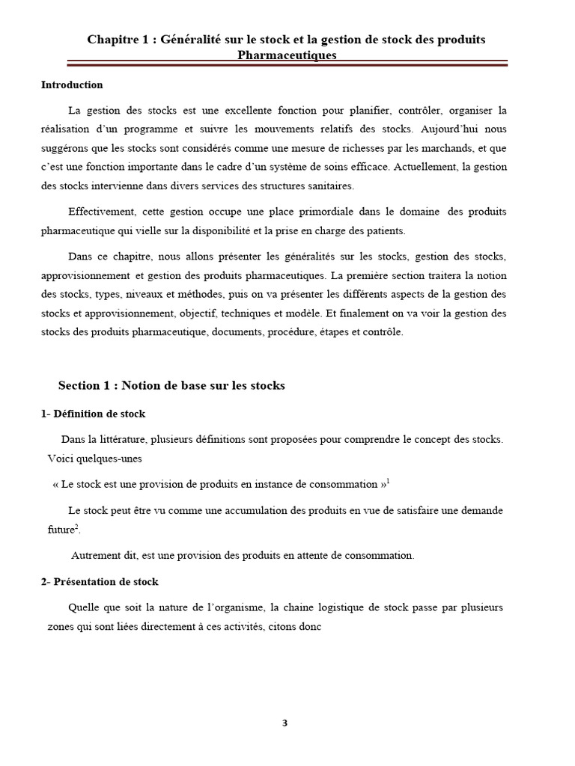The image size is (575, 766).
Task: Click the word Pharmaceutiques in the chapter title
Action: (x=287, y=55)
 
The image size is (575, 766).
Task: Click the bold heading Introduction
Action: (x=72, y=85)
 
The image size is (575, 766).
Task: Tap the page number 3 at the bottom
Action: (x=285, y=723)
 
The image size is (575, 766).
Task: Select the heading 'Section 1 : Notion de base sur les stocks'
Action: (x=171, y=386)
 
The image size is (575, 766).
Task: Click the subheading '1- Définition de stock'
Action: (x=93, y=414)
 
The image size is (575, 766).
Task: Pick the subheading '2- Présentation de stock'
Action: (x=100, y=581)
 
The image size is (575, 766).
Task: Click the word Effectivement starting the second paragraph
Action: (x=101, y=213)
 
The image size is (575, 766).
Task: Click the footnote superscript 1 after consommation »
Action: (x=389, y=480)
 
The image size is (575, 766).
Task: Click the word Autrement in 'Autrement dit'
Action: (x=94, y=556)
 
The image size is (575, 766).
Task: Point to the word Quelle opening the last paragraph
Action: (x=83, y=607)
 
